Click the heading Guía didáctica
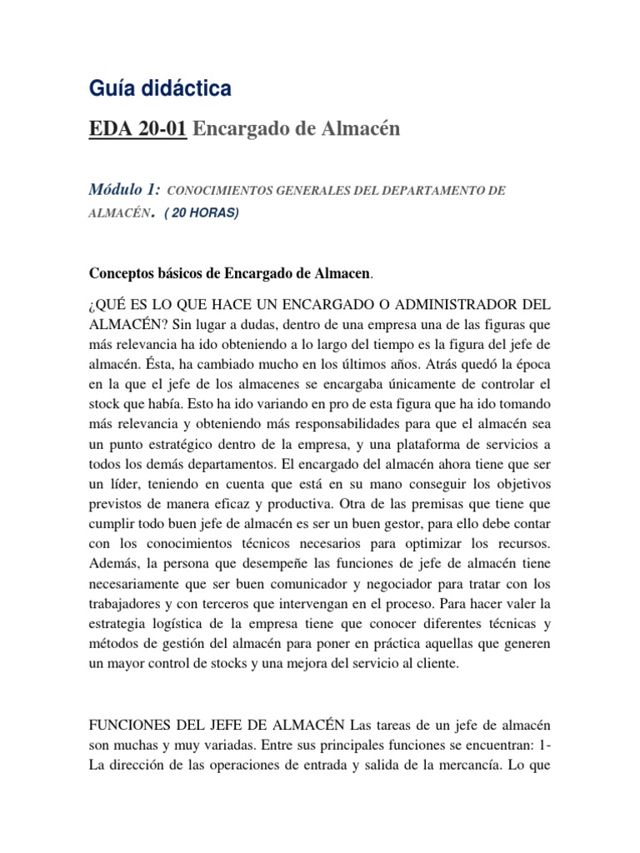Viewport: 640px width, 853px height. coord(160,87)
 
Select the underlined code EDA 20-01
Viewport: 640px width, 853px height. coord(138,128)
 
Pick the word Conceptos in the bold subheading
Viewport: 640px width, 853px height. coord(122,273)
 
